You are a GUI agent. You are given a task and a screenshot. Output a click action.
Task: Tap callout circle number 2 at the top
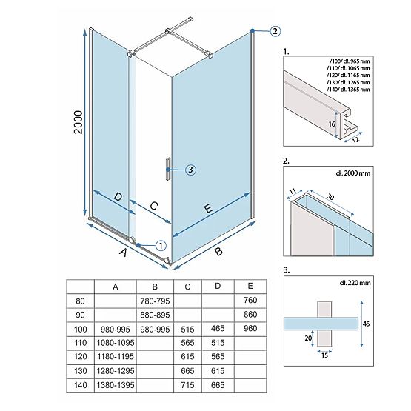coord(275,31)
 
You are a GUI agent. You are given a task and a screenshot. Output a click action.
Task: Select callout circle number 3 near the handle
coord(190,170)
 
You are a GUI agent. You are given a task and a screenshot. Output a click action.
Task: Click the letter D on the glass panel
coord(118,198)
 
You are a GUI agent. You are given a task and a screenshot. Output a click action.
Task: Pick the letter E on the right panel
coord(209,210)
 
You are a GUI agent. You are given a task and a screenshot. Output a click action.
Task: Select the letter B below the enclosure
coord(218,253)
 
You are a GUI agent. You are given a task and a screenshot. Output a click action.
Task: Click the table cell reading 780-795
coord(153,301)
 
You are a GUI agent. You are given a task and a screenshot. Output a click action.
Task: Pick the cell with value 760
coord(250,300)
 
